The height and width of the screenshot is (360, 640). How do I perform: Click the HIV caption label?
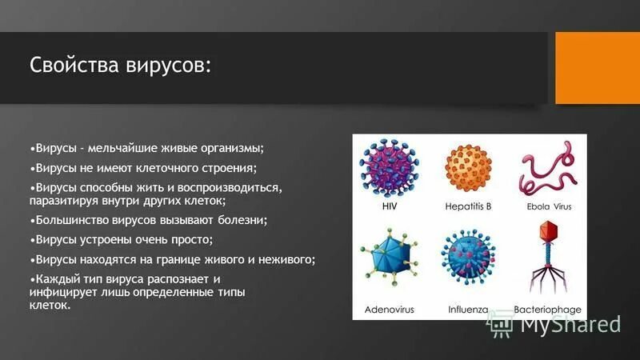(x=390, y=206)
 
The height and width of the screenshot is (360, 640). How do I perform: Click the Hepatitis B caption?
(x=468, y=206)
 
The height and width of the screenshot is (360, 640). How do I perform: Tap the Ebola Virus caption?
(x=549, y=206)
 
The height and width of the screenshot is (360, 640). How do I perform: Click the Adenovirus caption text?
(x=389, y=310)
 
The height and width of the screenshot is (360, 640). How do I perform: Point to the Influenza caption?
(x=468, y=310)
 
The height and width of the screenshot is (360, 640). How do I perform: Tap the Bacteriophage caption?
(x=548, y=310)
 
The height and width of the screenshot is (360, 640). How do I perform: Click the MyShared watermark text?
(x=571, y=324)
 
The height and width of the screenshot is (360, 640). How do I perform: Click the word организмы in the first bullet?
(x=231, y=149)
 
